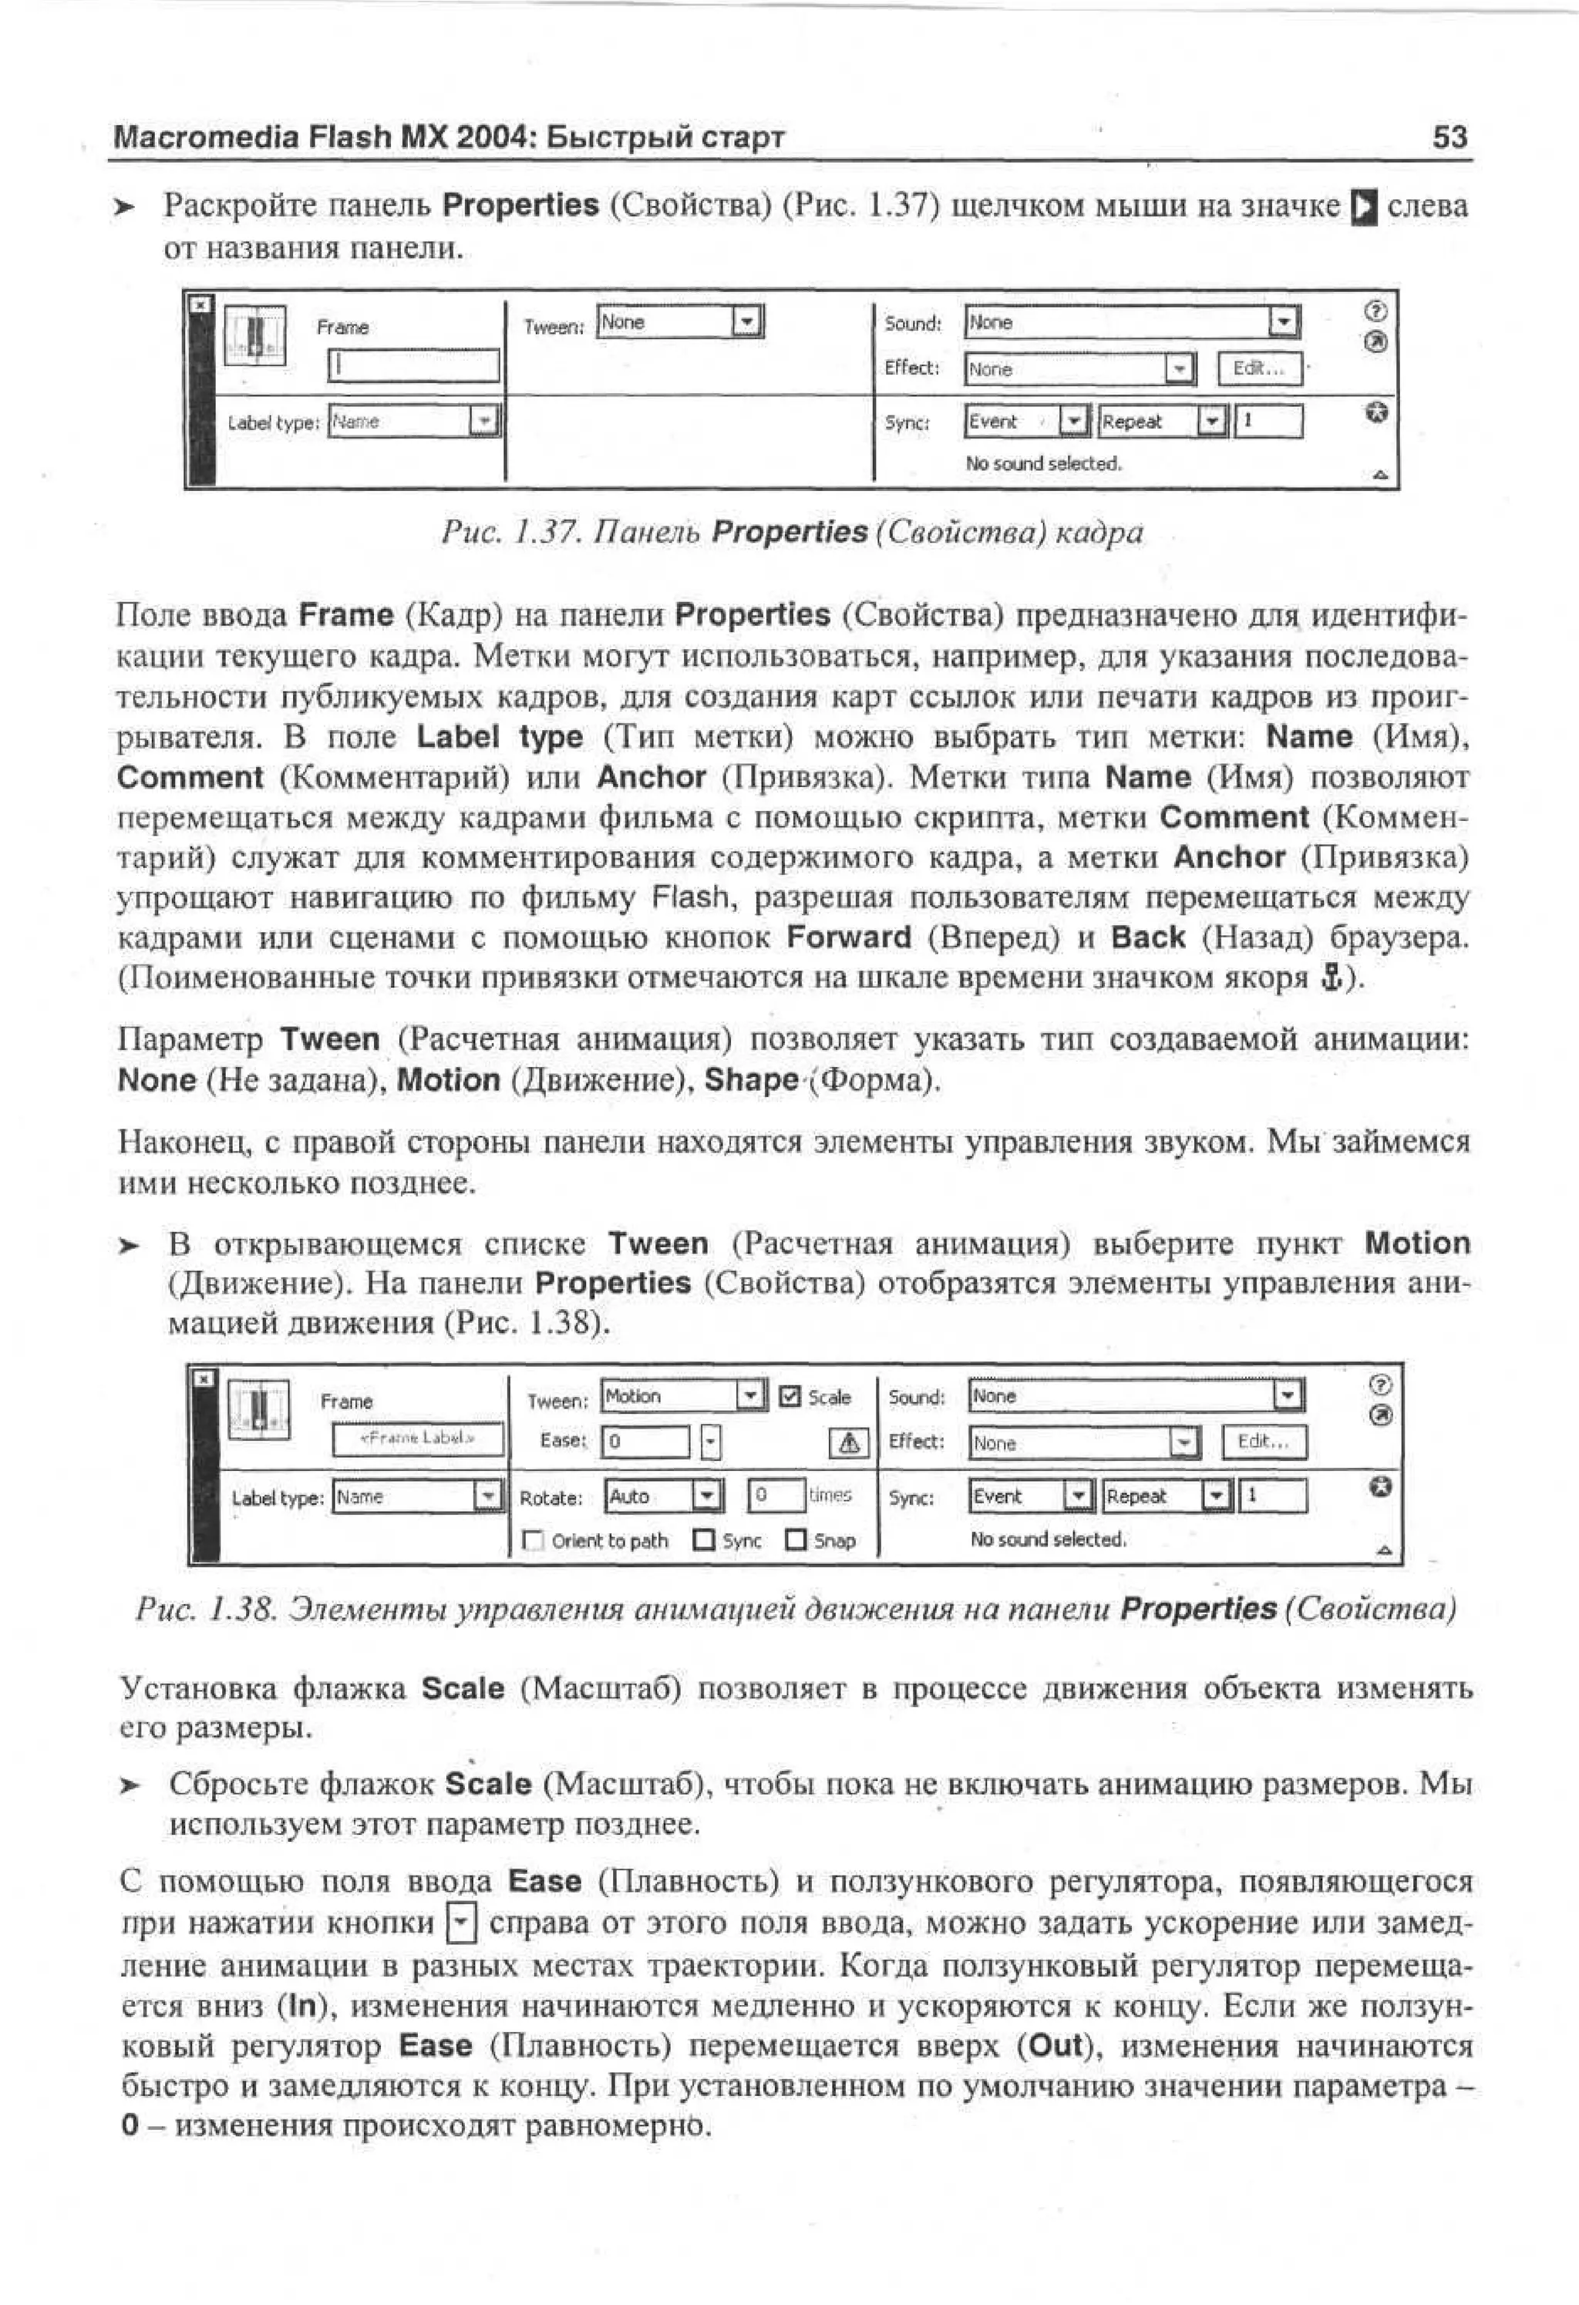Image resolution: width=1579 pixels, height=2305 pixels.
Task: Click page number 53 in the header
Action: point(1449,137)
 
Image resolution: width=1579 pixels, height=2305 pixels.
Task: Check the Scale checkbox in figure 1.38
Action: point(789,1396)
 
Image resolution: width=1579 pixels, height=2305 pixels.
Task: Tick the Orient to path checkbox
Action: point(534,1540)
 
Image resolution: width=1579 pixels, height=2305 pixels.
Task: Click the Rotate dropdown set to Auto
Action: point(706,1496)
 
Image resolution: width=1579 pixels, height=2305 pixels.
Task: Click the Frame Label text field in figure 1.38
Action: point(418,1439)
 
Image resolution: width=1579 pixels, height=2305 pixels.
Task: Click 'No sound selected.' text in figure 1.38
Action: point(1047,1539)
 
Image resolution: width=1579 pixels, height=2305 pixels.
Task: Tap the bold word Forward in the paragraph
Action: point(848,937)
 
